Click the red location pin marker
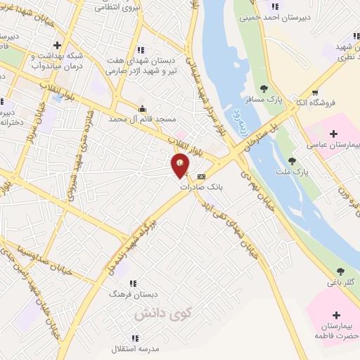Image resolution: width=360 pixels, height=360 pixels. [x=181, y=165]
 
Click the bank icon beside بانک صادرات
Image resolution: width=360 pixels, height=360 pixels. [x=202, y=176]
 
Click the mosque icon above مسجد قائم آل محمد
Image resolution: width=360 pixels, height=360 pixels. [x=143, y=108]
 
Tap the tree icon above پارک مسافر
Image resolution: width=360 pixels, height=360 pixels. [x=264, y=89]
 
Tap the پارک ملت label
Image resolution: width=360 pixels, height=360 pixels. [x=301, y=172]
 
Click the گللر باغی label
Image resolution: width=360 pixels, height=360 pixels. [x=340, y=283]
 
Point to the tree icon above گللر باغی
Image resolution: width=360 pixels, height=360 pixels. [x=341, y=271]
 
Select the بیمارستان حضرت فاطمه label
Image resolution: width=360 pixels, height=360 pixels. [x=335, y=330]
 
